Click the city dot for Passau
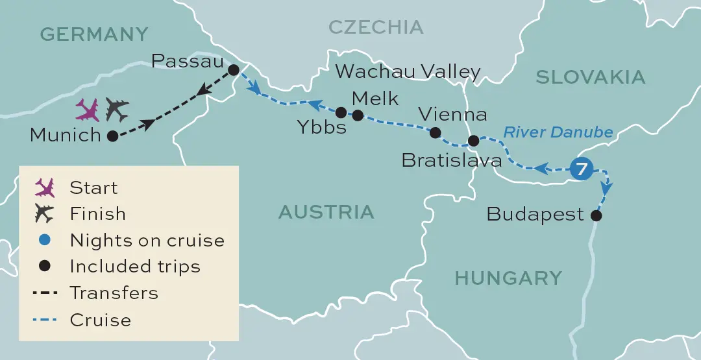234,69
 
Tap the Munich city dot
112,136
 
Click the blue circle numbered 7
582,169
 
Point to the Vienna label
452,115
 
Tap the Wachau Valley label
408,71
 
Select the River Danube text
558,132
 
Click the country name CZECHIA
376,27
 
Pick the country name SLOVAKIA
590,77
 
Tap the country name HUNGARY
508,278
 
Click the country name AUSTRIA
326,211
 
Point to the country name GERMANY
94,34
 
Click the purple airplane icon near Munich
88,110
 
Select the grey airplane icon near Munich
117,110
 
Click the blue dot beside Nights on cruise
45,240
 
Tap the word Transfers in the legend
114,293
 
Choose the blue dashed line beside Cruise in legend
45,320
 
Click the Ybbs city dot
341,112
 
